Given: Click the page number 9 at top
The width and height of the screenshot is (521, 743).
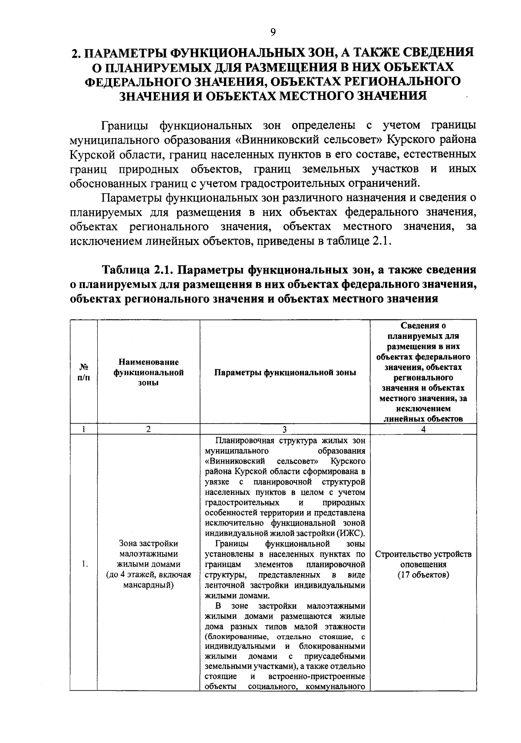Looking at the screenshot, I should coord(273,32).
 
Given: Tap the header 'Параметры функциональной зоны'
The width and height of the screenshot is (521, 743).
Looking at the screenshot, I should coord(285,372).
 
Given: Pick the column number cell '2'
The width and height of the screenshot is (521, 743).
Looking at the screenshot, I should coord(148,429).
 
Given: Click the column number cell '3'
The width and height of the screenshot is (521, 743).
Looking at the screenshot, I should coord(285,429).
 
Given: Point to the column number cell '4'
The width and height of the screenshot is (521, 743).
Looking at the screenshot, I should coord(423,429).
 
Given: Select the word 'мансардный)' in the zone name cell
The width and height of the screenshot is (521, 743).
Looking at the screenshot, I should coord(148,585).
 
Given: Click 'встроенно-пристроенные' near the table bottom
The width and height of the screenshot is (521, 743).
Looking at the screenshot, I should coord(317,677).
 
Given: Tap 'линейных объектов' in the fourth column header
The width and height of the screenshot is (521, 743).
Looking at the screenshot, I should coord(423,419).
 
